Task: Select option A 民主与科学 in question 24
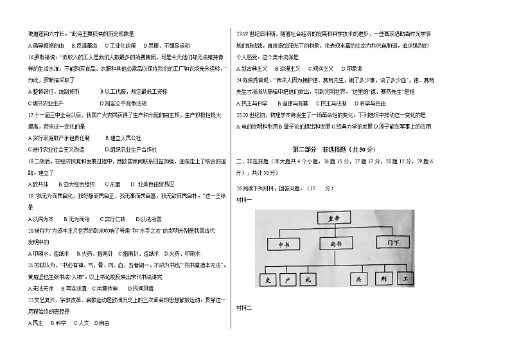[x=252, y=103]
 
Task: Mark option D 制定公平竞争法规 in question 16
[x=123, y=103]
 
